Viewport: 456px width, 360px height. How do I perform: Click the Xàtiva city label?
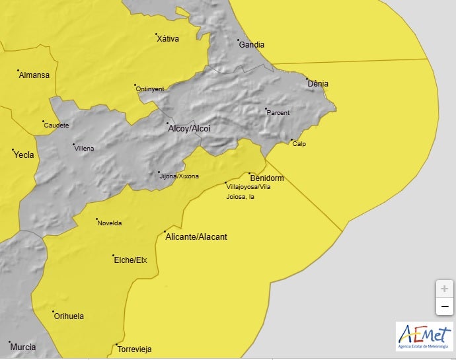tap(168, 39)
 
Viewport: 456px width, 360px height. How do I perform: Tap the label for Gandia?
tap(251, 45)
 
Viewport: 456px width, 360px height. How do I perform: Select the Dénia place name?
tap(318, 84)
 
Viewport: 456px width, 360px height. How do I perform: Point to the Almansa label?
tap(34, 75)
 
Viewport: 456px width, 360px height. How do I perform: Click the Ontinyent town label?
tap(151, 89)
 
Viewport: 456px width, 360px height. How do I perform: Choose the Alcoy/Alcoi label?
tap(189, 128)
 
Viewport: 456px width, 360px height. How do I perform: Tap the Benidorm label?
tap(267, 178)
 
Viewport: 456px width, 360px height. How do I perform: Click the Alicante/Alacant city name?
tap(196, 236)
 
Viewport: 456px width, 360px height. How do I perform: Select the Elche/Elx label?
tap(131, 260)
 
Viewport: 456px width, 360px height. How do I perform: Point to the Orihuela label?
tap(69, 316)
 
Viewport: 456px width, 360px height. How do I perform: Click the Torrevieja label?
tap(135, 349)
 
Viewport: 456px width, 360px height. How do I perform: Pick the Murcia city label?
tap(22, 347)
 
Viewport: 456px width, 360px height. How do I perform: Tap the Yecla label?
tap(24, 155)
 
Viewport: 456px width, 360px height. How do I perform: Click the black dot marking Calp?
tap(291, 140)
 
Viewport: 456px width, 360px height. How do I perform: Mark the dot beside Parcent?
tap(266, 109)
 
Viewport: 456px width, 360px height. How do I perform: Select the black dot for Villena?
tap(73, 145)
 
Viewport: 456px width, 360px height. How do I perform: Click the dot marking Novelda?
tap(96, 219)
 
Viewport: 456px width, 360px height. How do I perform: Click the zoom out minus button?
tap(444, 306)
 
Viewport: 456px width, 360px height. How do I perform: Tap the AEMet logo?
tap(424, 336)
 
